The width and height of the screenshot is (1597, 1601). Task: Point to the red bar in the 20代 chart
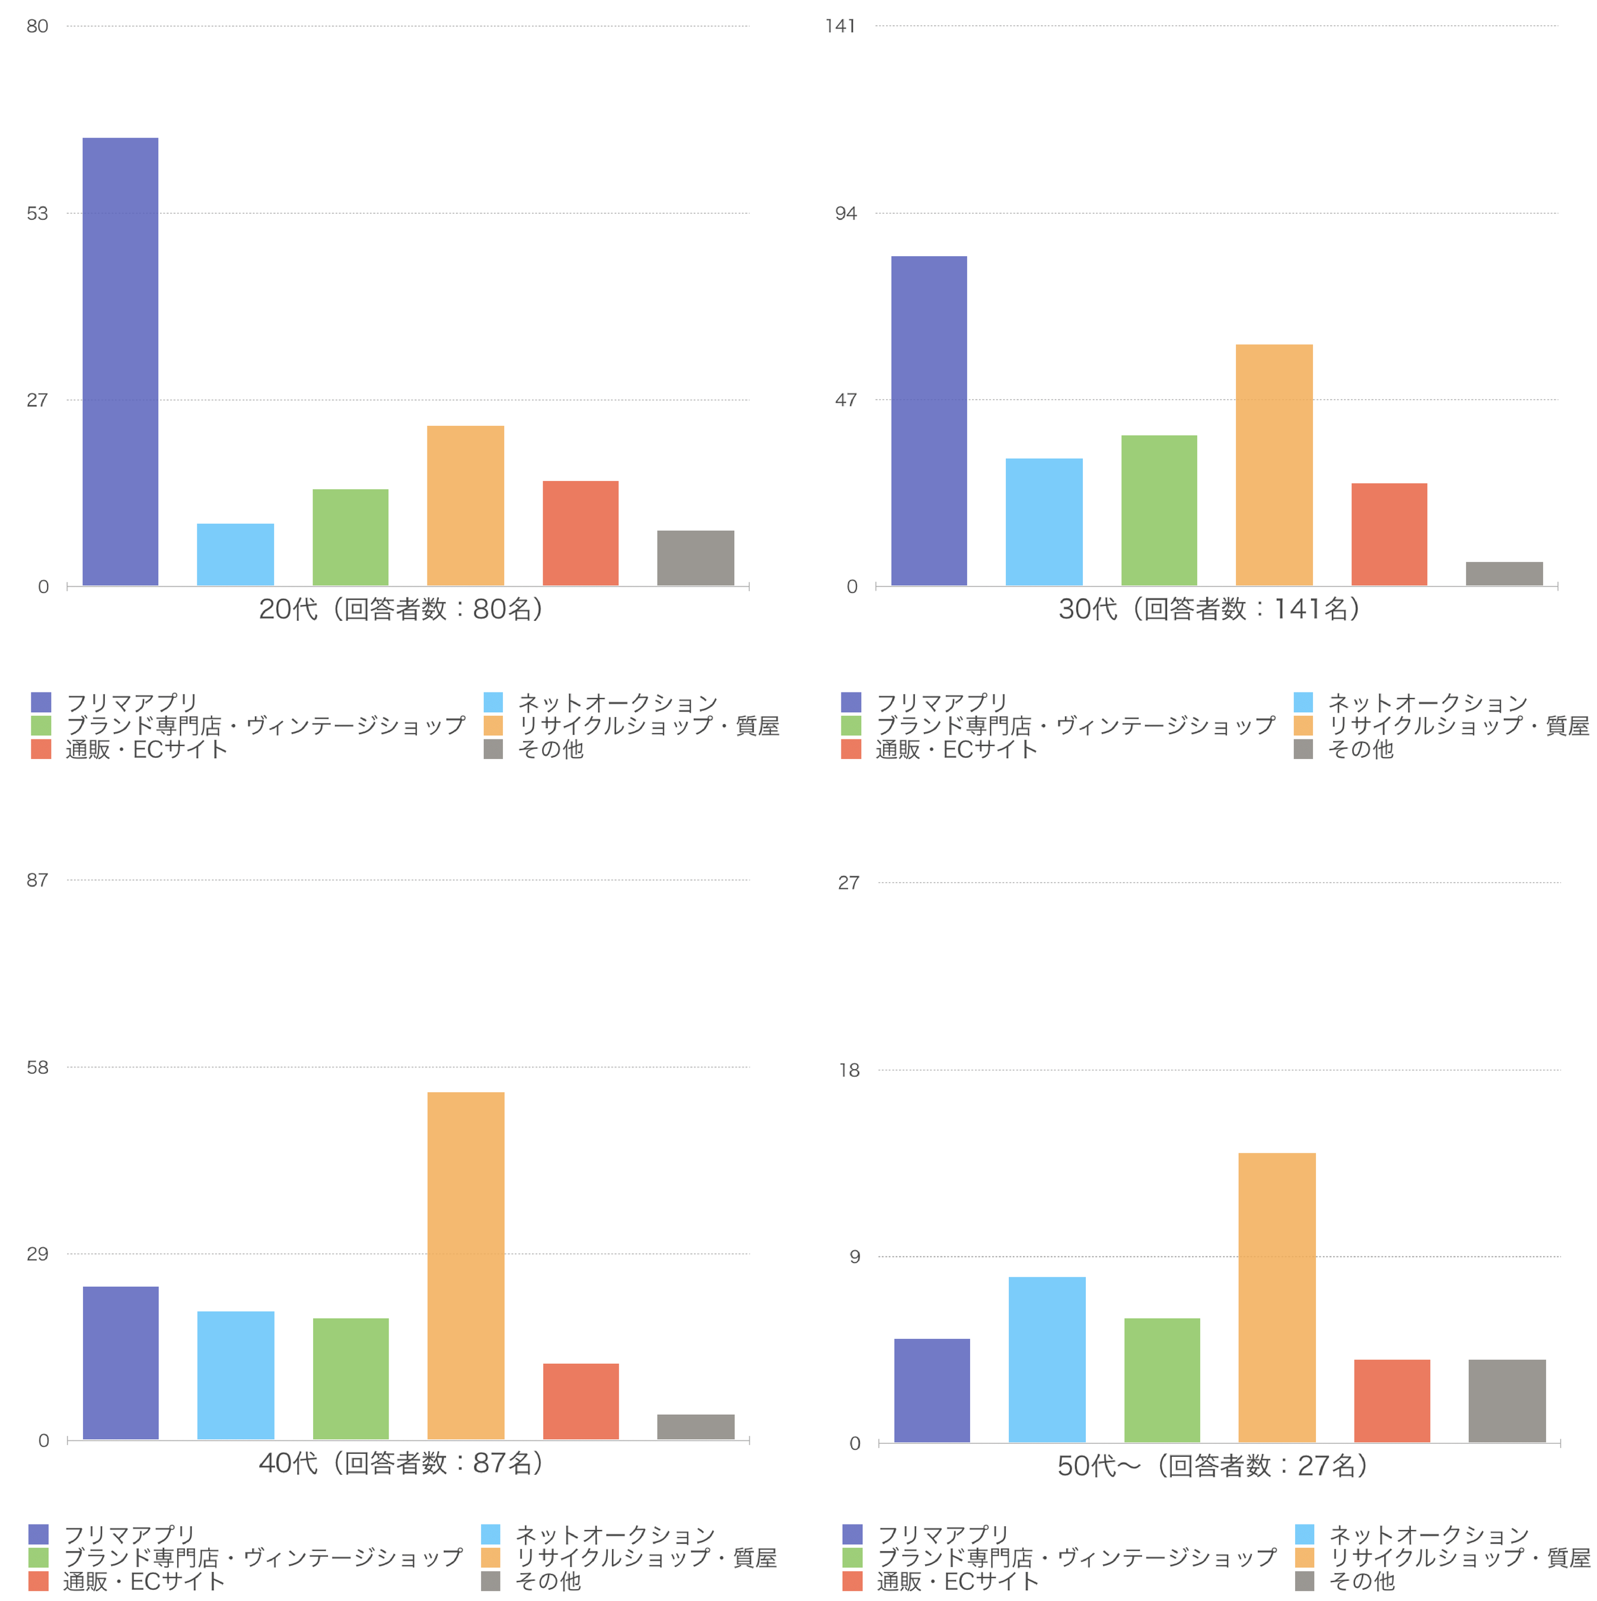point(580,533)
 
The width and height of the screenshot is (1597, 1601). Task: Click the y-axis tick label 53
point(37,214)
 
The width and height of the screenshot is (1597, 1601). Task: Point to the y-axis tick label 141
point(840,27)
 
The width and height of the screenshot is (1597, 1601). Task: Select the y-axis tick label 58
point(37,1067)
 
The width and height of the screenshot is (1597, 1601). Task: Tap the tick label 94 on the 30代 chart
point(845,214)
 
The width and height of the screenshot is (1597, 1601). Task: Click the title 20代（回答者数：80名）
point(401,609)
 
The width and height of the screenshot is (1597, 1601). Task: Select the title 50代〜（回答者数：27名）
point(1213,1466)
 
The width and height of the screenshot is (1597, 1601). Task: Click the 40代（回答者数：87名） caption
point(401,1463)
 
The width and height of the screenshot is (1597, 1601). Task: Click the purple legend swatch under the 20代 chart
point(40,702)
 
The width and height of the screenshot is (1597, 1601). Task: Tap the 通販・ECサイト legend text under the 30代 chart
point(955,749)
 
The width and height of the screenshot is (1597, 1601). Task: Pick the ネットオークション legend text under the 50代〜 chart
point(1428,1534)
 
